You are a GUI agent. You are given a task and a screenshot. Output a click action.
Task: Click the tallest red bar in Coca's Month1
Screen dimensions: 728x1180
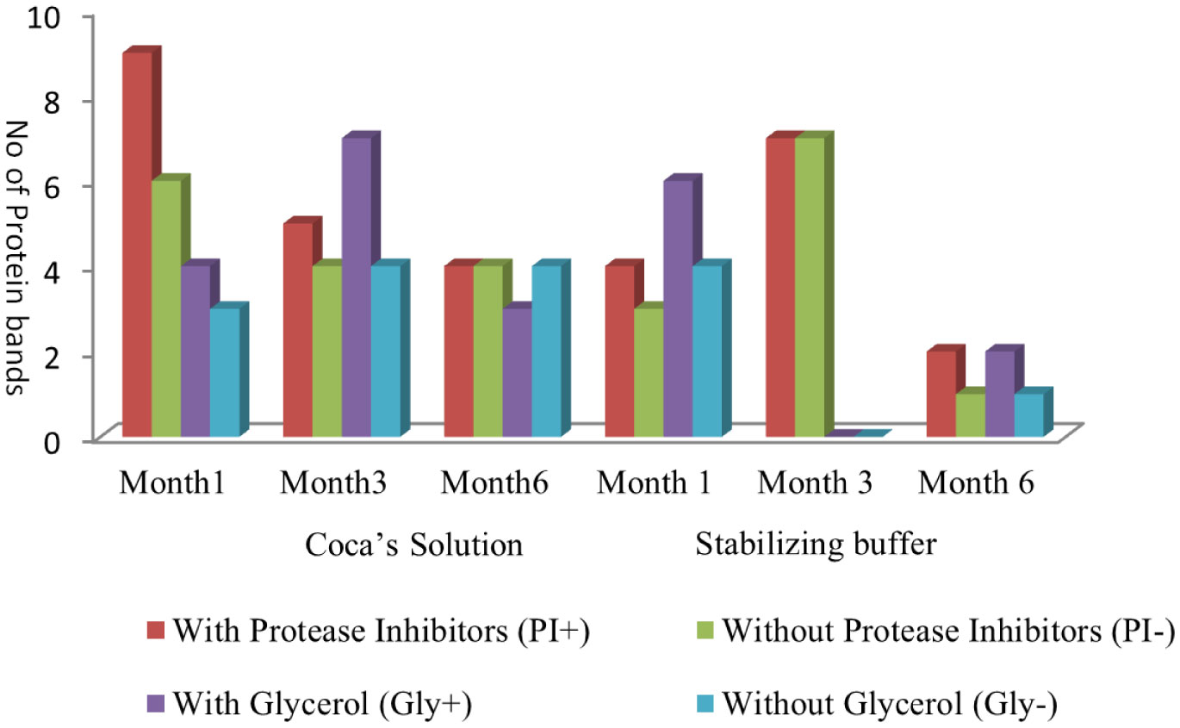coord(137,241)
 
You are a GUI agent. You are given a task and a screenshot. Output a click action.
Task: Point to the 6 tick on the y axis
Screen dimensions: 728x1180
coord(69,186)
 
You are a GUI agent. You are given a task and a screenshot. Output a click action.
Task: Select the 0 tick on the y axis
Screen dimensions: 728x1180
coord(69,440)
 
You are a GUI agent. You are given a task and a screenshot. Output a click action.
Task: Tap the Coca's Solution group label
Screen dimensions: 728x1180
coord(414,545)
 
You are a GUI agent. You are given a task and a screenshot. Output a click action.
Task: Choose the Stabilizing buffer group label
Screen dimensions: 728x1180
coord(815,545)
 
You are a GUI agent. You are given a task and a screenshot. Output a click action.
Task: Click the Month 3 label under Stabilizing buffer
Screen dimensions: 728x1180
coord(815,483)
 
